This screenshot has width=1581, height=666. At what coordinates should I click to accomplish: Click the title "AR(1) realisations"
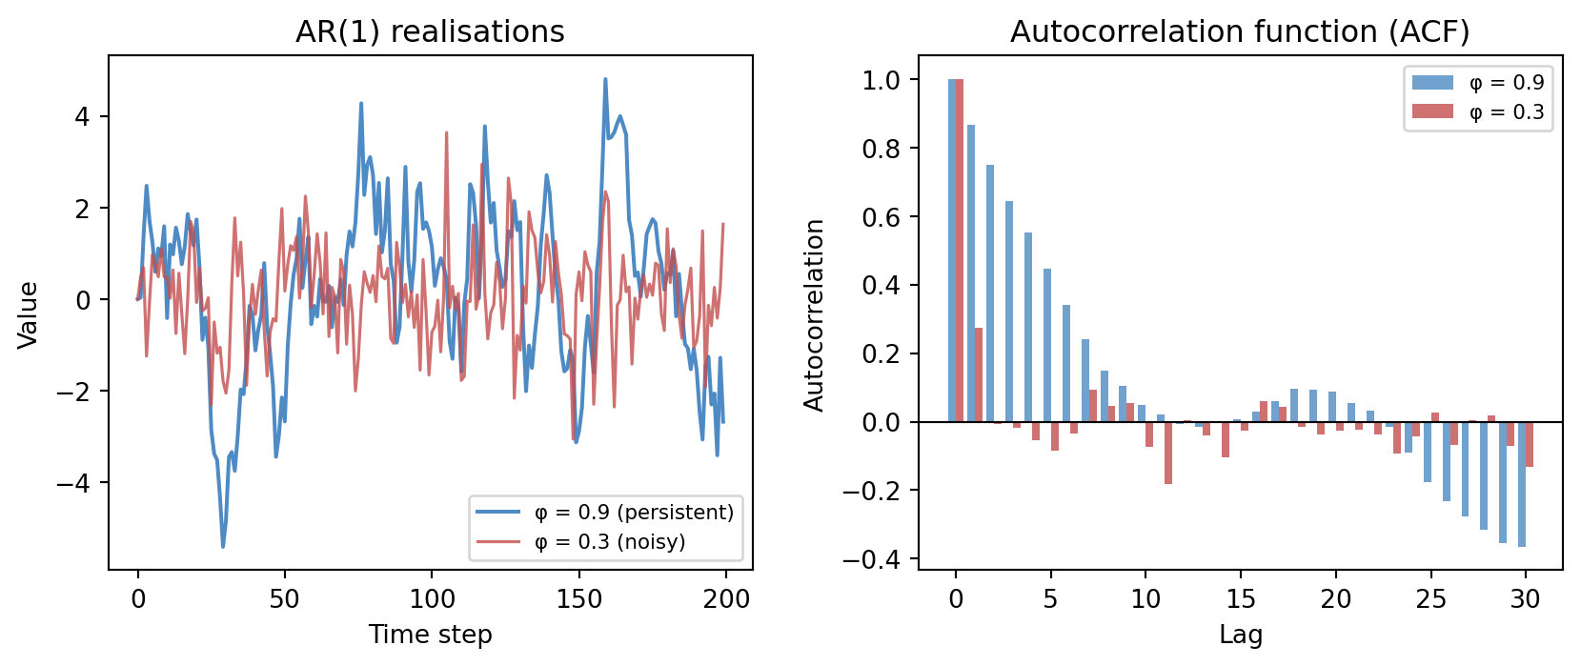(x=430, y=31)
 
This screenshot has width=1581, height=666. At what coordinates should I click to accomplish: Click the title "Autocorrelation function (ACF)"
(x=1240, y=31)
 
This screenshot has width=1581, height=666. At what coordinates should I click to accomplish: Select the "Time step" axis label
(x=430, y=635)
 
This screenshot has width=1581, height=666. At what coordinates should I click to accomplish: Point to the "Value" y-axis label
(x=29, y=314)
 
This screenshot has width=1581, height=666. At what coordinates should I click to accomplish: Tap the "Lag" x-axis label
(x=1240, y=635)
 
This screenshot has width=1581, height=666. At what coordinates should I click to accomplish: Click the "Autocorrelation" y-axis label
(x=814, y=314)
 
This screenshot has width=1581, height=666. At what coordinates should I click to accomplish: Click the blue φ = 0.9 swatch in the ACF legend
(x=1432, y=83)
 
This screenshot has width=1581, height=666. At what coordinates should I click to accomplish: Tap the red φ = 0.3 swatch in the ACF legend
(x=1432, y=111)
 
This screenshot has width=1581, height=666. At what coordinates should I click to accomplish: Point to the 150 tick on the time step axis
(x=579, y=599)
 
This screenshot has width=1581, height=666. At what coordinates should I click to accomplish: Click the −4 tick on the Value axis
(x=74, y=483)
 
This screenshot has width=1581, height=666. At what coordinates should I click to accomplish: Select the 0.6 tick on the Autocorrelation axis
(x=881, y=217)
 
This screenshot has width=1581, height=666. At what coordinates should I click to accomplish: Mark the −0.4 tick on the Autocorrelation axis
(x=871, y=559)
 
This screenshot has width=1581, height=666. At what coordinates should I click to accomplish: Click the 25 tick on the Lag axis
(x=1430, y=599)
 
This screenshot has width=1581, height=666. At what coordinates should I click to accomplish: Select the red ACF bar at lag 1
(x=979, y=374)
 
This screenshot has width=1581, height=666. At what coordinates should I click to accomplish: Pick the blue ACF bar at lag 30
(x=1522, y=484)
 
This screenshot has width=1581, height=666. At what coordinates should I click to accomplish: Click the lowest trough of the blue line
(x=223, y=546)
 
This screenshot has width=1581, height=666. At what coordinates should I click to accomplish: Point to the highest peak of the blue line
(x=605, y=79)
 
